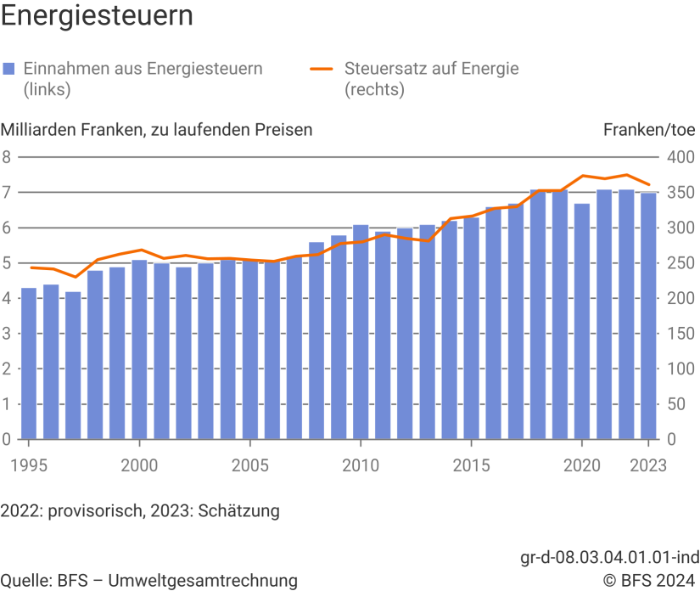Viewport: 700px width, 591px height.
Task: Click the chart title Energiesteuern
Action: click(97, 16)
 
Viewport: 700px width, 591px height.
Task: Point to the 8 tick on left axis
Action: click(6, 157)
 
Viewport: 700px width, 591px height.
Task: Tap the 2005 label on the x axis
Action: click(249, 465)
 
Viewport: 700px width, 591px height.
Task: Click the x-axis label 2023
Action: click(649, 465)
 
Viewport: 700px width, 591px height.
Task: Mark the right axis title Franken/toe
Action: click(651, 129)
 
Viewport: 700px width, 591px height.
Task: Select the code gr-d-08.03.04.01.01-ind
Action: click(609, 558)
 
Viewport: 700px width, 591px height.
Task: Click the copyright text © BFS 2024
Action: click(650, 581)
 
